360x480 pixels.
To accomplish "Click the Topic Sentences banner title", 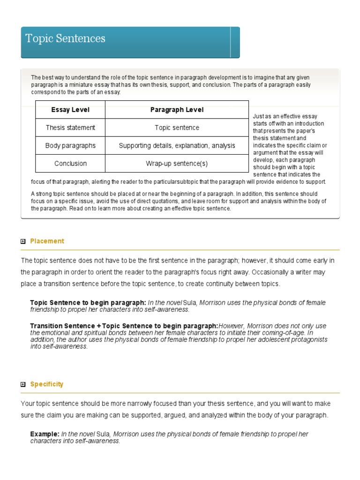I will (x=65, y=38).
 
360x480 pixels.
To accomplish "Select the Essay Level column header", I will (x=70, y=110).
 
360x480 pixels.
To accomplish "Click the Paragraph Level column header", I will (x=177, y=110).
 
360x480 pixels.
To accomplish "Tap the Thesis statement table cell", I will (x=70, y=127).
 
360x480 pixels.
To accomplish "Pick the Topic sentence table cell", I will (x=177, y=127).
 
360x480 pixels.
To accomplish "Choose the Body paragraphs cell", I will (x=70, y=145).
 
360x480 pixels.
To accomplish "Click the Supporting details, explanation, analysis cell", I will (x=177, y=145).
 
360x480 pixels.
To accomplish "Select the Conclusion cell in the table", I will (x=70, y=163).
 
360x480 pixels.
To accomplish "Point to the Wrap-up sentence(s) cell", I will (x=177, y=163).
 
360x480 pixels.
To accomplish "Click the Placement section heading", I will (x=47, y=241).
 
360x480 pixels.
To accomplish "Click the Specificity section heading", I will (x=46, y=384).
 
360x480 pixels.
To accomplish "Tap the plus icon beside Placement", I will (x=23, y=241).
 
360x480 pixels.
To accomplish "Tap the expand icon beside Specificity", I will (x=23, y=384).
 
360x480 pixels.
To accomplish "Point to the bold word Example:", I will (x=45, y=434).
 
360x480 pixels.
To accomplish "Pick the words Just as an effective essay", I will (x=285, y=116).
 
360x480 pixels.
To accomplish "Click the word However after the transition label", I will (x=232, y=326).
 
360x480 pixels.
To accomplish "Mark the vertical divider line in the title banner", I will (x=231, y=42).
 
